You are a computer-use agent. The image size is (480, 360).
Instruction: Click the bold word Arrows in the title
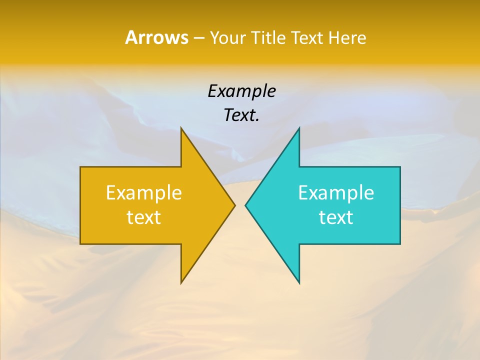(x=156, y=37)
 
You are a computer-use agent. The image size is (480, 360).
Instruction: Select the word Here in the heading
(x=347, y=37)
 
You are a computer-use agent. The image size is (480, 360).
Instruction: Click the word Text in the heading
(x=308, y=37)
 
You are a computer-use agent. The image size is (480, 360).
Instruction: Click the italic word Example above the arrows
(x=241, y=91)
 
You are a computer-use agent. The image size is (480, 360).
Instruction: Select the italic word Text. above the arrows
(x=241, y=115)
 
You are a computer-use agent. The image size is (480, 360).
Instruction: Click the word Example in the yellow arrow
(x=144, y=192)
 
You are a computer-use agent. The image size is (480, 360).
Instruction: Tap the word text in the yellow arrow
(x=144, y=217)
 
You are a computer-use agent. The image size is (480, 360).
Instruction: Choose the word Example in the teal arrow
(x=336, y=192)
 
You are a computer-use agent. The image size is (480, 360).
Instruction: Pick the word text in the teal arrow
(x=336, y=217)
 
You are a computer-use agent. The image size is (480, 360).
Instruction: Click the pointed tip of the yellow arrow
(x=235, y=205)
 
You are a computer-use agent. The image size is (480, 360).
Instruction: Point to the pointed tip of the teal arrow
(x=245, y=205)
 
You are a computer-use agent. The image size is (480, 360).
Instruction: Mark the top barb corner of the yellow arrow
(x=181, y=128)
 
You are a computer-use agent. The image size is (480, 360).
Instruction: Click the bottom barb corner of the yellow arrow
(x=181, y=283)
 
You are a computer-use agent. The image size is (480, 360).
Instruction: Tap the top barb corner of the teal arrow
(x=299, y=128)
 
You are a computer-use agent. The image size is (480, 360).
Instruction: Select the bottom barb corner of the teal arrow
(x=299, y=283)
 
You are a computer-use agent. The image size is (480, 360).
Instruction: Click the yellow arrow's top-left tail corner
(x=80, y=167)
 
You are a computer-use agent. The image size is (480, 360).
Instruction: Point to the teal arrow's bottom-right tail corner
(x=400, y=244)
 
